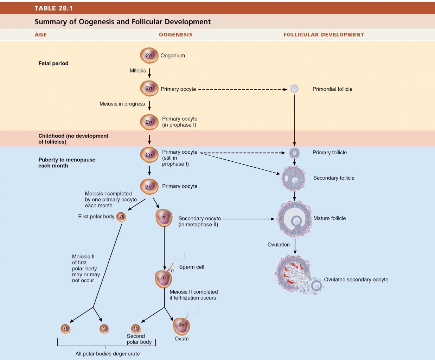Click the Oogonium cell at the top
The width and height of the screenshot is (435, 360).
tap(149, 55)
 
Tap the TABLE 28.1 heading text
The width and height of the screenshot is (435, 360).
tap(53, 8)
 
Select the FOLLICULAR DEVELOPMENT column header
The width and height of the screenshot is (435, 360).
tap(324, 34)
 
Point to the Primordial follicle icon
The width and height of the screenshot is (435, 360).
tap(294, 89)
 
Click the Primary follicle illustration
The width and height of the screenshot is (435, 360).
tap(294, 153)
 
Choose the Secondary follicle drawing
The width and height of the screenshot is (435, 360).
tap(294, 179)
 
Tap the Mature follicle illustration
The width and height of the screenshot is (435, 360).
tap(294, 219)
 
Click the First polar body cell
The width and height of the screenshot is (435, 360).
tap(121, 217)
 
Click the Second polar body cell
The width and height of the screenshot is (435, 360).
tap(136, 328)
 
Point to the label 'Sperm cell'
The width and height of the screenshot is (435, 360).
tap(192, 267)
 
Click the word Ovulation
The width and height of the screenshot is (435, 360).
tap(279, 244)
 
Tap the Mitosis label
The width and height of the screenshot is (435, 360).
tap(137, 70)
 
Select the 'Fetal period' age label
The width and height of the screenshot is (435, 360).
tap(53, 63)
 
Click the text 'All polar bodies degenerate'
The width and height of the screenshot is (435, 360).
tap(107, 354)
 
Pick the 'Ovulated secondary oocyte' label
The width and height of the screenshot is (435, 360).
tap(356, 279)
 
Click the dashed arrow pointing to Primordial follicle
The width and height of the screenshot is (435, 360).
tap(243, 89)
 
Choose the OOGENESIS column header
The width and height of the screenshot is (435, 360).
tap(175, 34)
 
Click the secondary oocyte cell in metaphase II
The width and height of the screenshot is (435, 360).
tap(164, 218)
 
